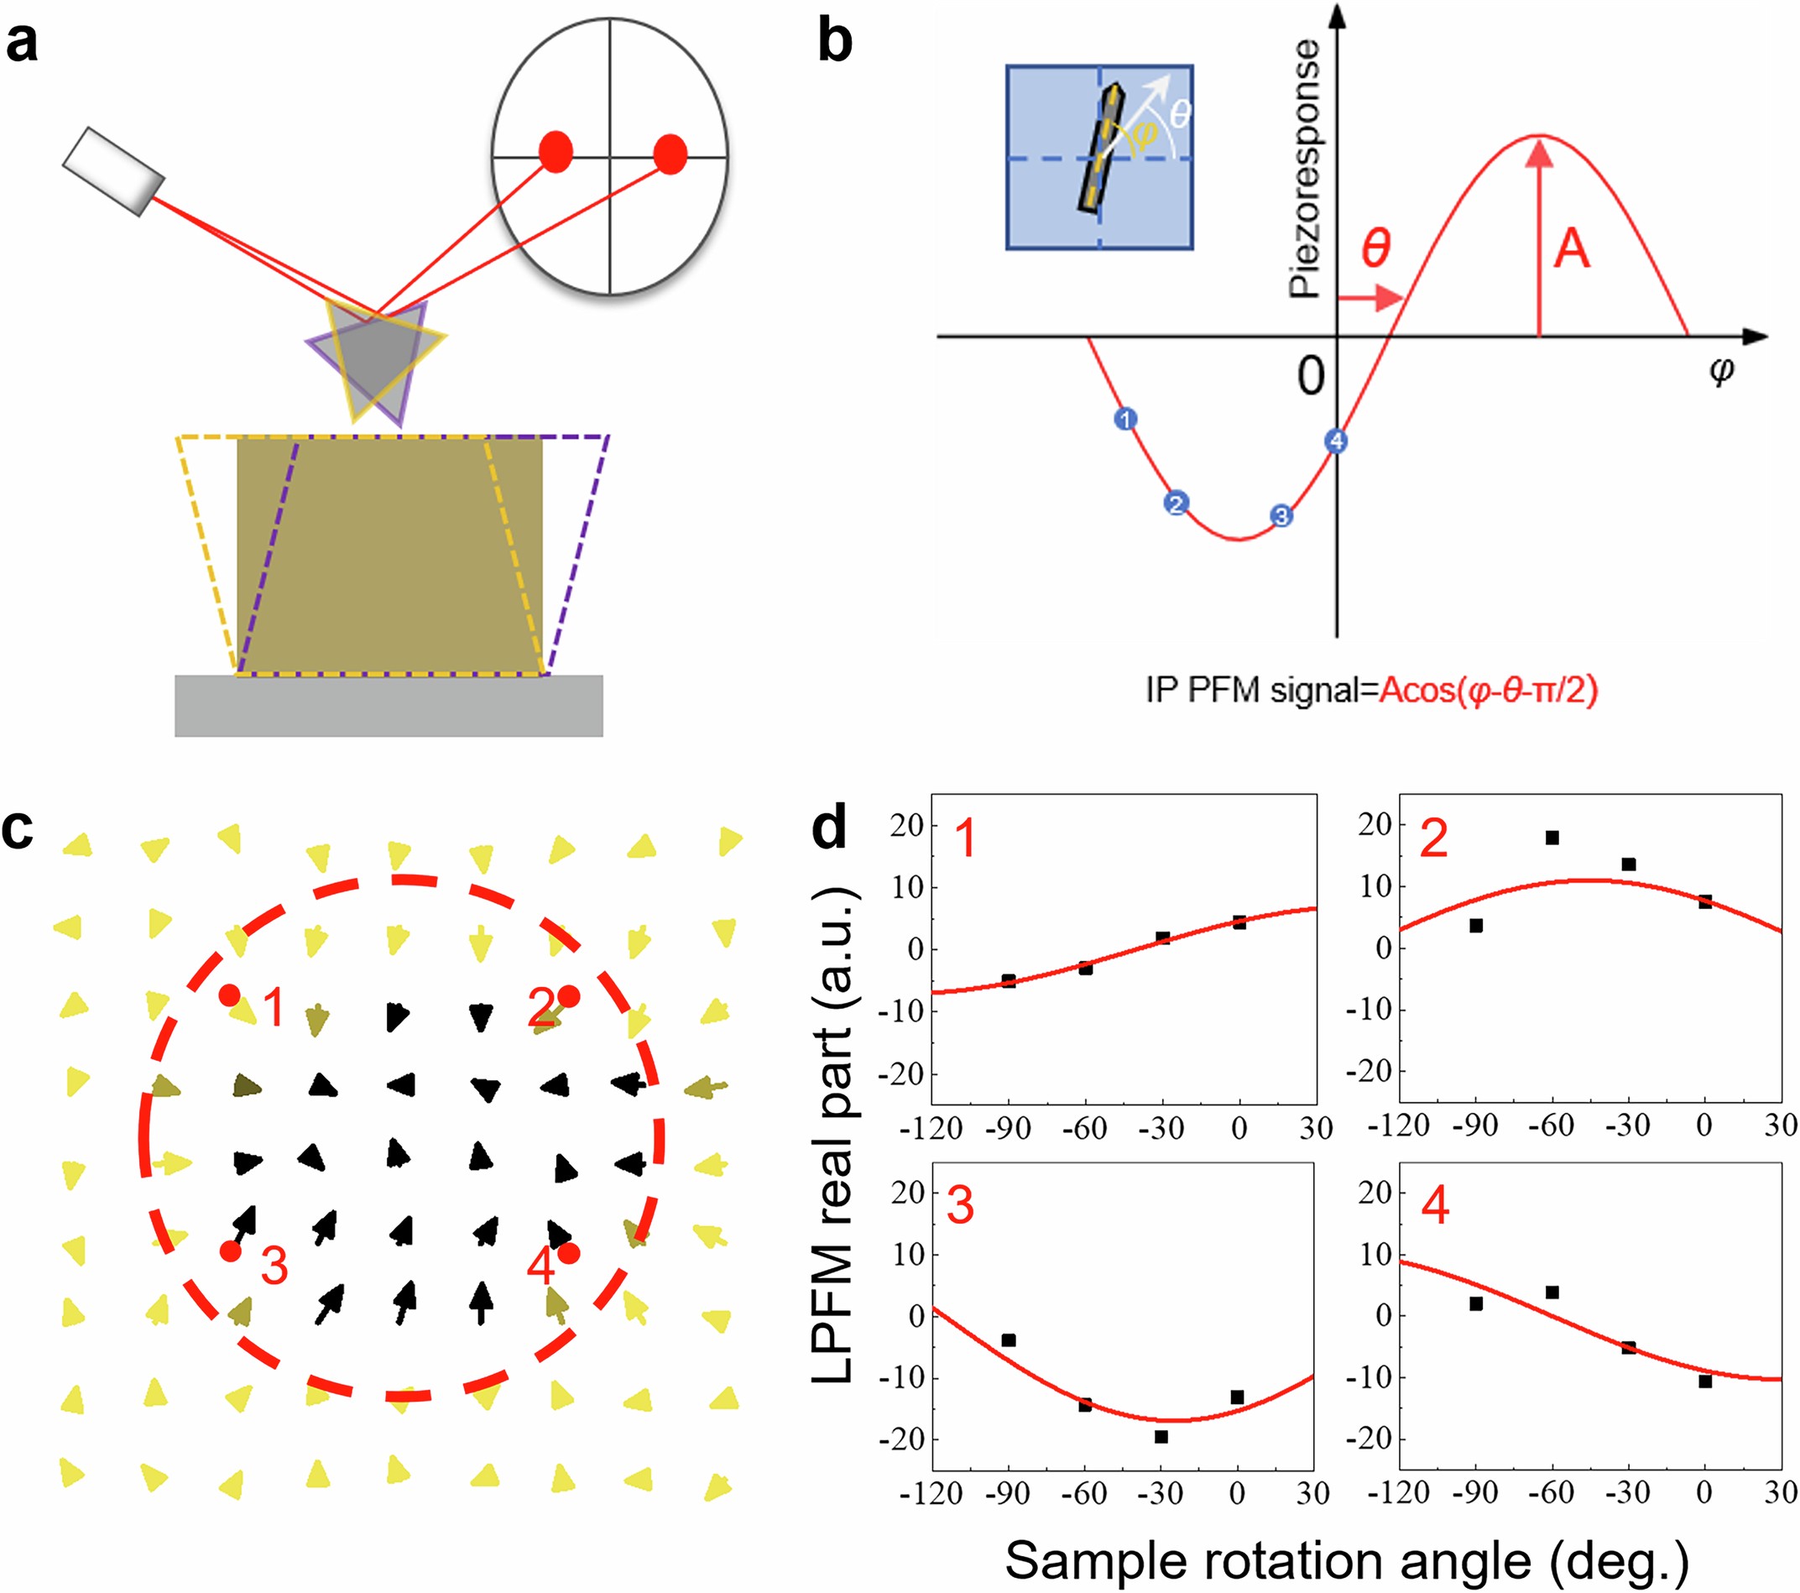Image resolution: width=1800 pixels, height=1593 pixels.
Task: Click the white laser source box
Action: (113, 172)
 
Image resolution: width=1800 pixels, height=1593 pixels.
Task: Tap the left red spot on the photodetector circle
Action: (556, 153)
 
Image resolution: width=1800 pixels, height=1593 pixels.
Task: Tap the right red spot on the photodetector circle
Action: (670, 154)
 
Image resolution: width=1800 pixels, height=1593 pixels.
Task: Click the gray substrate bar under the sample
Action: (389, 705)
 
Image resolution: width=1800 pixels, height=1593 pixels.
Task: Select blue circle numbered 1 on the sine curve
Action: (1125, 419)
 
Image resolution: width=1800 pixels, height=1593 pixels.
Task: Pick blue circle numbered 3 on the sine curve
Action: (1281, 516)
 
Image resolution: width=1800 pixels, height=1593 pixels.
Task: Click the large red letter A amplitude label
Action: (1572, 249)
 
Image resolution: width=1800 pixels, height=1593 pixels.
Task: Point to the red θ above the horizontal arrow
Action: (1376, 248)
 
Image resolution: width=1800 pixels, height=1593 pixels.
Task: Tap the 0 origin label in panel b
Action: (1311, 376)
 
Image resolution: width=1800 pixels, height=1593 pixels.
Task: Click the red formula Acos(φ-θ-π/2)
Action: (1489, 690)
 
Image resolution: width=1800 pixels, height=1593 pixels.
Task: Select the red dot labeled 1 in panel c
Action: (230, 995)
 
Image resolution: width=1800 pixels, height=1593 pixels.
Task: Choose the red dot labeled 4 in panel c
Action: (568, 1252)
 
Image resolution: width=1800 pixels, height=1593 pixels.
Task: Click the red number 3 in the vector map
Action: (274, 1267)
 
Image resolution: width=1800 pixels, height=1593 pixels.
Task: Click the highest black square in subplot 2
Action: (1552, 838)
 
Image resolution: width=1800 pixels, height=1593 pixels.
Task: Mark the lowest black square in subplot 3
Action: (1161, 1437)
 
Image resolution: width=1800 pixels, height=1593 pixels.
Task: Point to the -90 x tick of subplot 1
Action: (1010, 1128)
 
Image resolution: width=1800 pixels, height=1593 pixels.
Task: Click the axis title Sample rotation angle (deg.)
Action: (1347, 1560)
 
